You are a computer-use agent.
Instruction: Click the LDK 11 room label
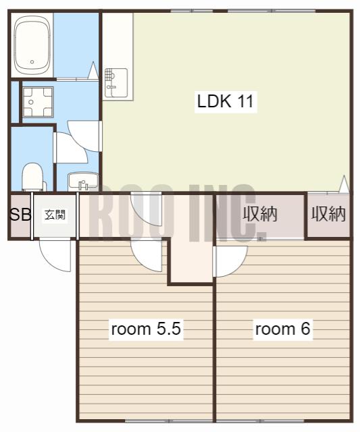pos(225,101)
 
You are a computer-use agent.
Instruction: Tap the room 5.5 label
pos(146,329)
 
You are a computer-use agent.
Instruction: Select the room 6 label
pos(282,329)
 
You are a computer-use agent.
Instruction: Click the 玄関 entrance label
pos(55,215)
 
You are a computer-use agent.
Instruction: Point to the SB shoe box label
pos(20,214)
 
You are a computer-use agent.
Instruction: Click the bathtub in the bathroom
pos(32,45)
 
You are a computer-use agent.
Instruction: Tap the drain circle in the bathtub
pos(32,61)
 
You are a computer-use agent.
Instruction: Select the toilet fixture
pos(33,177)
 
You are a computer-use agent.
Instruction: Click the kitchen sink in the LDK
pos(115,82)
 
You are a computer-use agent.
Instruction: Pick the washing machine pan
pos(38,102)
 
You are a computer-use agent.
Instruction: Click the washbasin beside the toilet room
pos(83,182)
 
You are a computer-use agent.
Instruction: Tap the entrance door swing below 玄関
pos(55,256)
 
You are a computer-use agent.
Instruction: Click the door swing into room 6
pos(230,261)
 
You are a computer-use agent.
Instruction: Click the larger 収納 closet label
pos(259,214)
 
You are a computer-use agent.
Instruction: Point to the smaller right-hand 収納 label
pos(328,214)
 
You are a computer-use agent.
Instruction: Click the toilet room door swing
pos(71,148)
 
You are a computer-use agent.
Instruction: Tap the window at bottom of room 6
pos(282,421)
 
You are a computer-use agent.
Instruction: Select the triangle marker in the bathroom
pos(93,70)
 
